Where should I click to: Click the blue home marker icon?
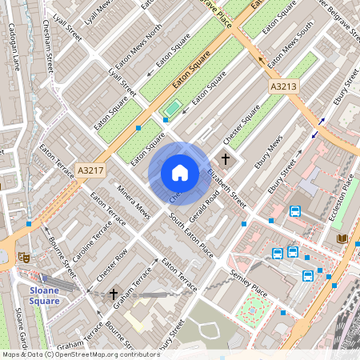(x=180, y=173)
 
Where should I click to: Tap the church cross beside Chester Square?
(x=226, y=159)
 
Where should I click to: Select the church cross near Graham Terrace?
(x=114, y=294)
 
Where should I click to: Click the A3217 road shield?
(x=90, y=170)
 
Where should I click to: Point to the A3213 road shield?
(x=283, y=86)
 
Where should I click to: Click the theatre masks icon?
(x=24, y=258)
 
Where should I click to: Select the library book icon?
(x=343, y=238)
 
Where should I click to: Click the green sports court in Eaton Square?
(x=171, y=106)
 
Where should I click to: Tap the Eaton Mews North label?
(x=139, y=45)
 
